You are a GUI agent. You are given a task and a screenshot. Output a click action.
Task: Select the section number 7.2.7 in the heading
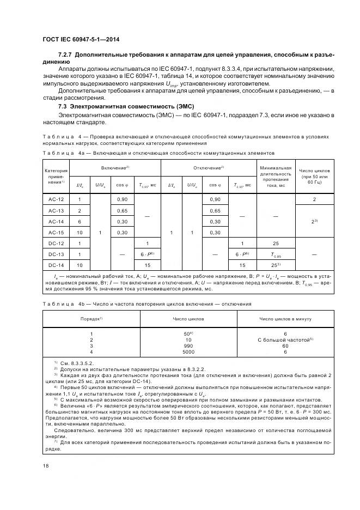pyautogui.click(x=65, y=56)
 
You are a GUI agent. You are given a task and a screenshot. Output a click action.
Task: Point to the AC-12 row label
pyautogui.click(x=56, y=200)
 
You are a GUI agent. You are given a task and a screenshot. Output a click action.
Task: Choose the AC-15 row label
pyautogui.click(x=56, y=232)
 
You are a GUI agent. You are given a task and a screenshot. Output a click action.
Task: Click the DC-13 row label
pyautogui.click(x=56, y=254)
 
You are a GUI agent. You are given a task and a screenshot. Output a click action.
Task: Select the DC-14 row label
pyautogui.click(x=56, y=265)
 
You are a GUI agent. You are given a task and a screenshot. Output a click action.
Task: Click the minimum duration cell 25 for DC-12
pyautogui.click(x=277, y=243)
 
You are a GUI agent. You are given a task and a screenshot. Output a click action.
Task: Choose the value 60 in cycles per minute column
pyautogui.click(x=285, y=345)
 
